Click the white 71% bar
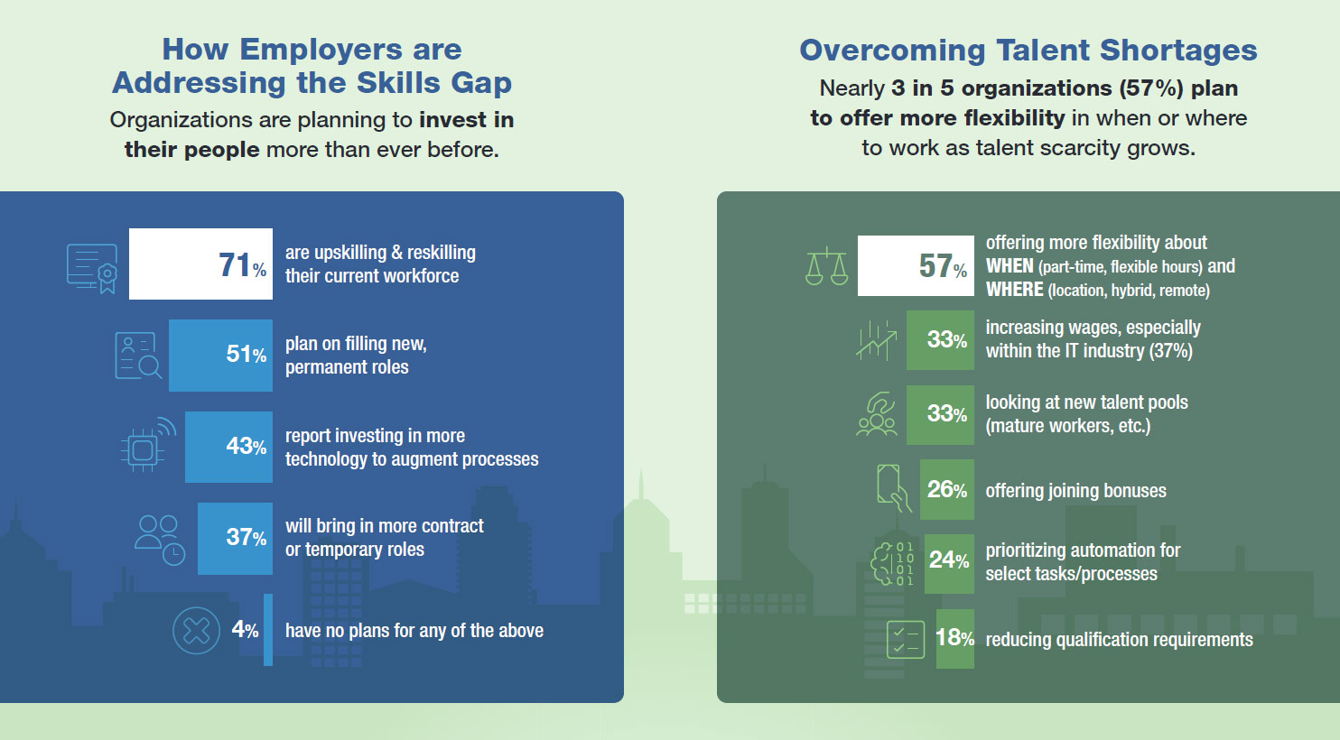[x=200, y=264]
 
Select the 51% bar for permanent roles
[x=220, y=355]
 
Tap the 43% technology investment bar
[x=228, y=447]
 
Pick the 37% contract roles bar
[x=235, y=539]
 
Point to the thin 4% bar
[x=268, y=629]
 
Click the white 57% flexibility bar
[x=916, y=265]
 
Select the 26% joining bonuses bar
[x=946, y=489]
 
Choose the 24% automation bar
[x=949, y=564]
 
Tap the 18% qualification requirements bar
[x=954, y=638]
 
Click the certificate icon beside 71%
[x=92, y=268]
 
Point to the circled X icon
[x=196, y=630]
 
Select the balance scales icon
[x=827, y=266]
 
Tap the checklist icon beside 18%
[x=905, y=640]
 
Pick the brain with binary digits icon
[x=892, y=564]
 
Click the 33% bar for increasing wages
[x=940, y=339]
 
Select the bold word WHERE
[x=1015, y=290]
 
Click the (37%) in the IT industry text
[x=1171, y=350]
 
